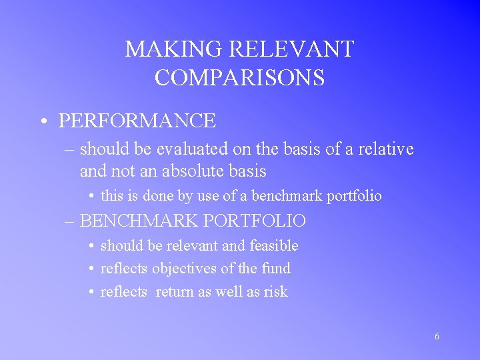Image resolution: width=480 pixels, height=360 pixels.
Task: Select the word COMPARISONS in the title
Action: point(239,78)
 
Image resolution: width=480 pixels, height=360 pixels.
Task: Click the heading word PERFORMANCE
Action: point(137,121)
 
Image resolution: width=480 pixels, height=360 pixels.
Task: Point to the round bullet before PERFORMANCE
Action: point(42,121)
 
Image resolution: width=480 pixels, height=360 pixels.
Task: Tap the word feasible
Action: point(273,246)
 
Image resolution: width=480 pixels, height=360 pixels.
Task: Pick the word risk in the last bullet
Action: point(276,292)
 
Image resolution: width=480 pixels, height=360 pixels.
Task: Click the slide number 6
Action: point(437,337)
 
